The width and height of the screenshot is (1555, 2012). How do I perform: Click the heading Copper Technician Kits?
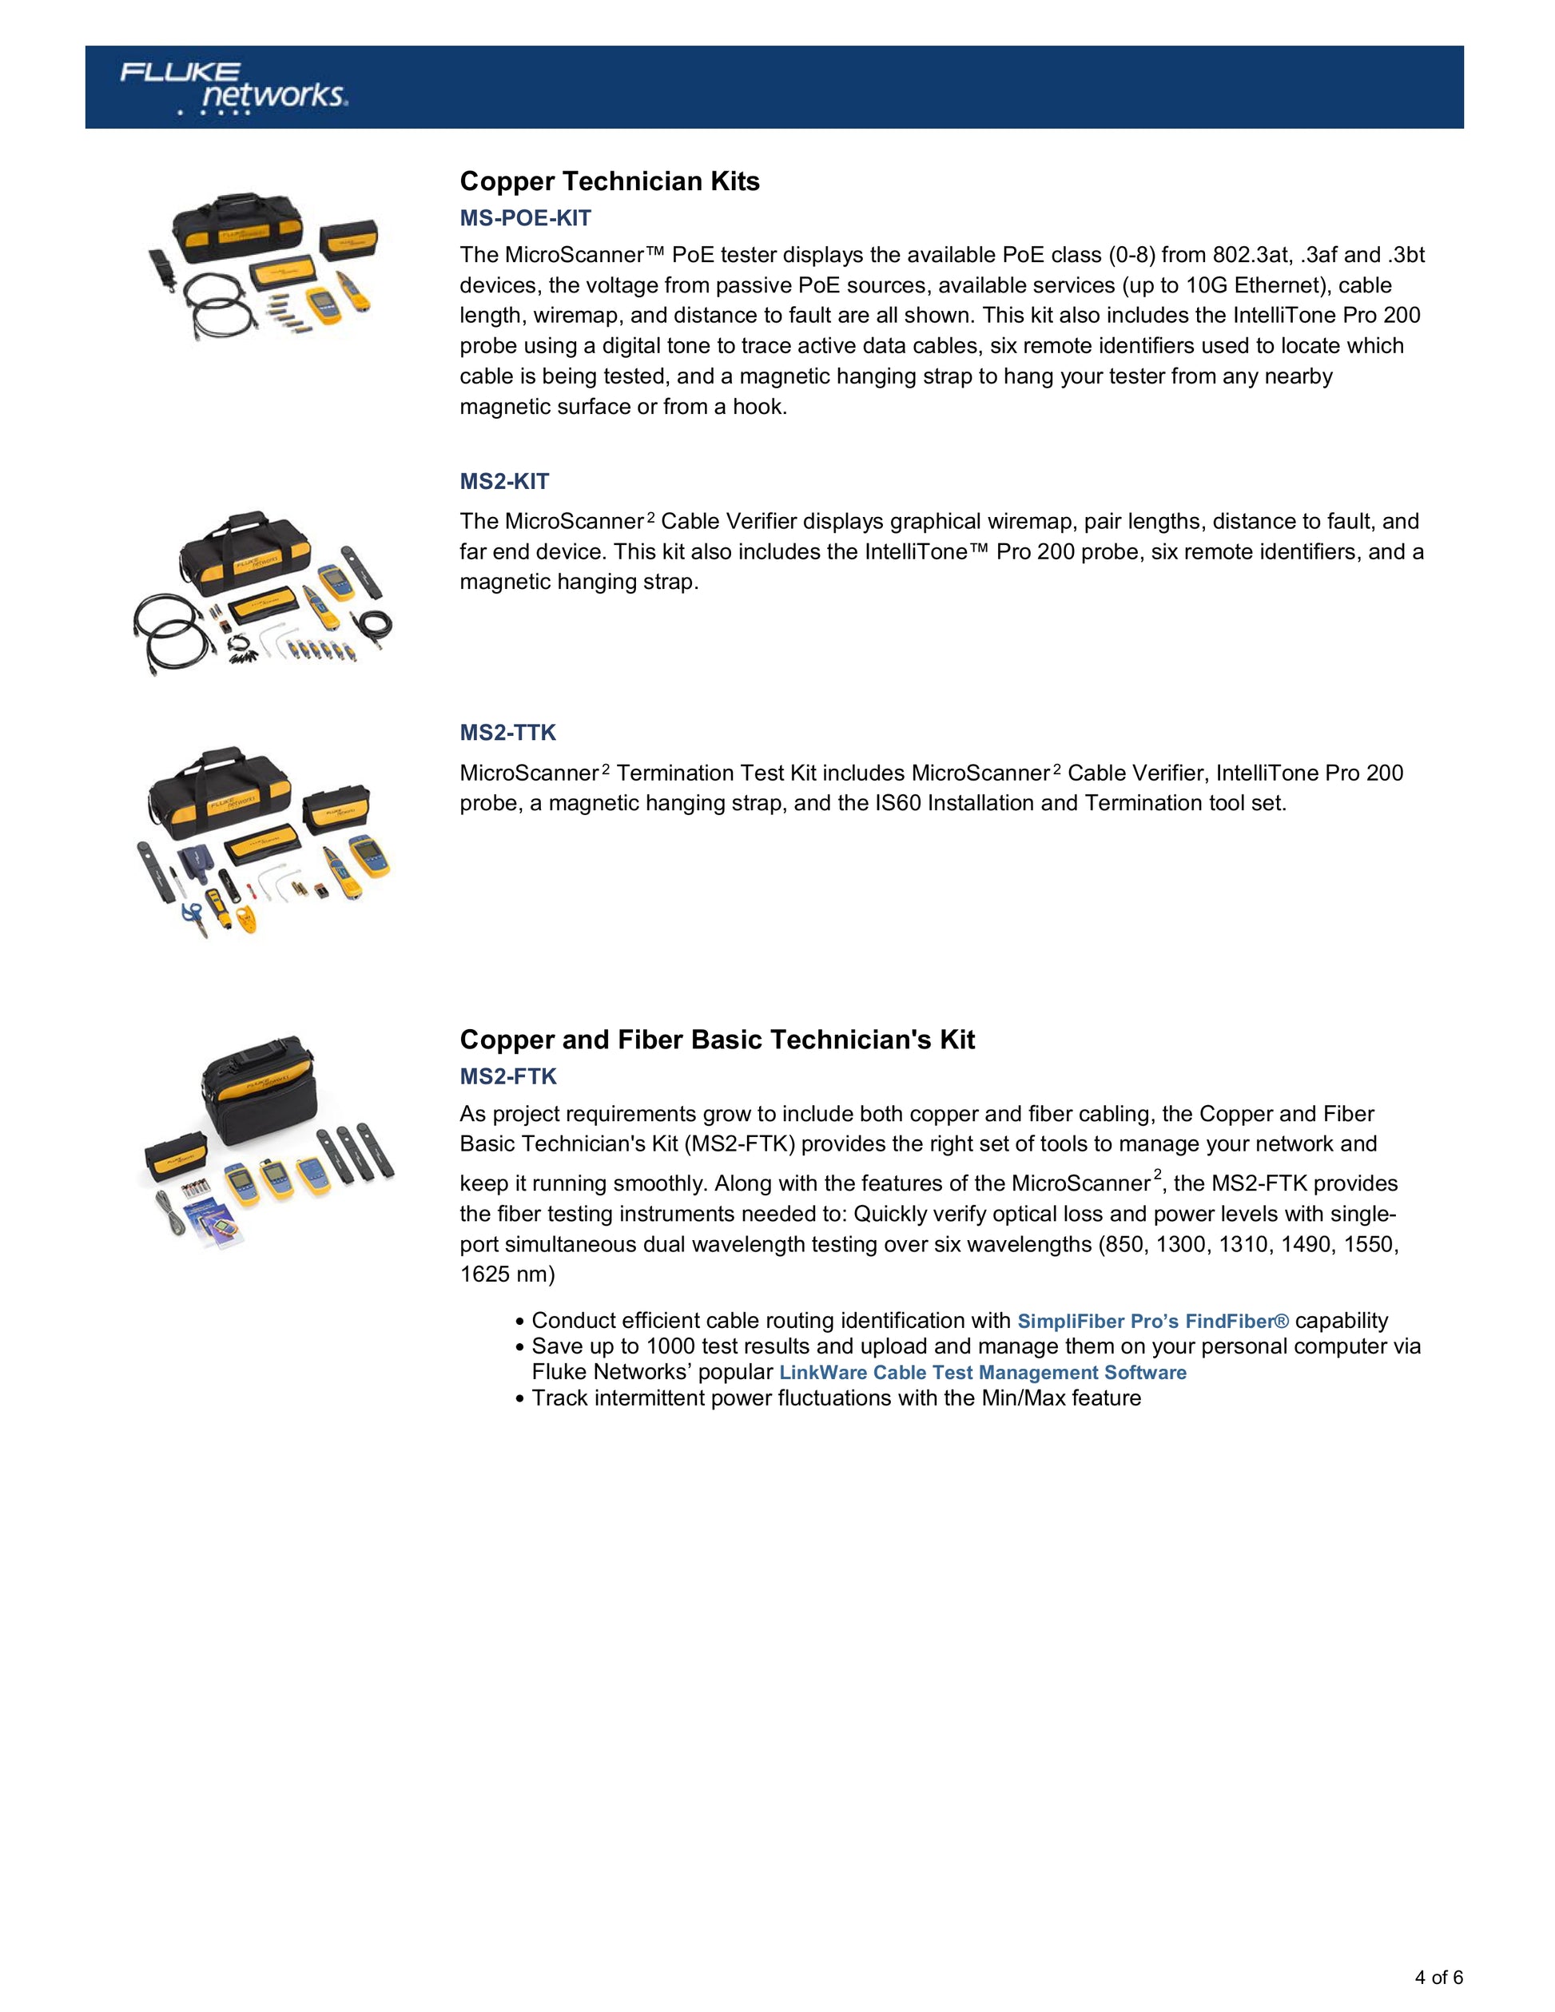click(609, 181)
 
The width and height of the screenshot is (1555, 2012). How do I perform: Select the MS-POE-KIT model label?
click(525, 218)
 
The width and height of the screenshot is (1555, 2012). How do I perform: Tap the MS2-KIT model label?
click(504, 482)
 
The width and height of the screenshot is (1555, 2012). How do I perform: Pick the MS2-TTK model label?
click(507, 733)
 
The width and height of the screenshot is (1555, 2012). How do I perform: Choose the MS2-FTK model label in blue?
click(507, 1076)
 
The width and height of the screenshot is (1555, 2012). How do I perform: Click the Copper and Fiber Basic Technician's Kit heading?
click(717, 1040)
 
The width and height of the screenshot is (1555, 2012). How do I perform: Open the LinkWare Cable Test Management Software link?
click(982, 1373)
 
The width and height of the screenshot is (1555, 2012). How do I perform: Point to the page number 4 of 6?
click(1439, 1977)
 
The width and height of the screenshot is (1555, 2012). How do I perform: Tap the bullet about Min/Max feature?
click(836, 1398)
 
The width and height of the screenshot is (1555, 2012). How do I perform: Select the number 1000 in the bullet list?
click(670, 1347)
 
